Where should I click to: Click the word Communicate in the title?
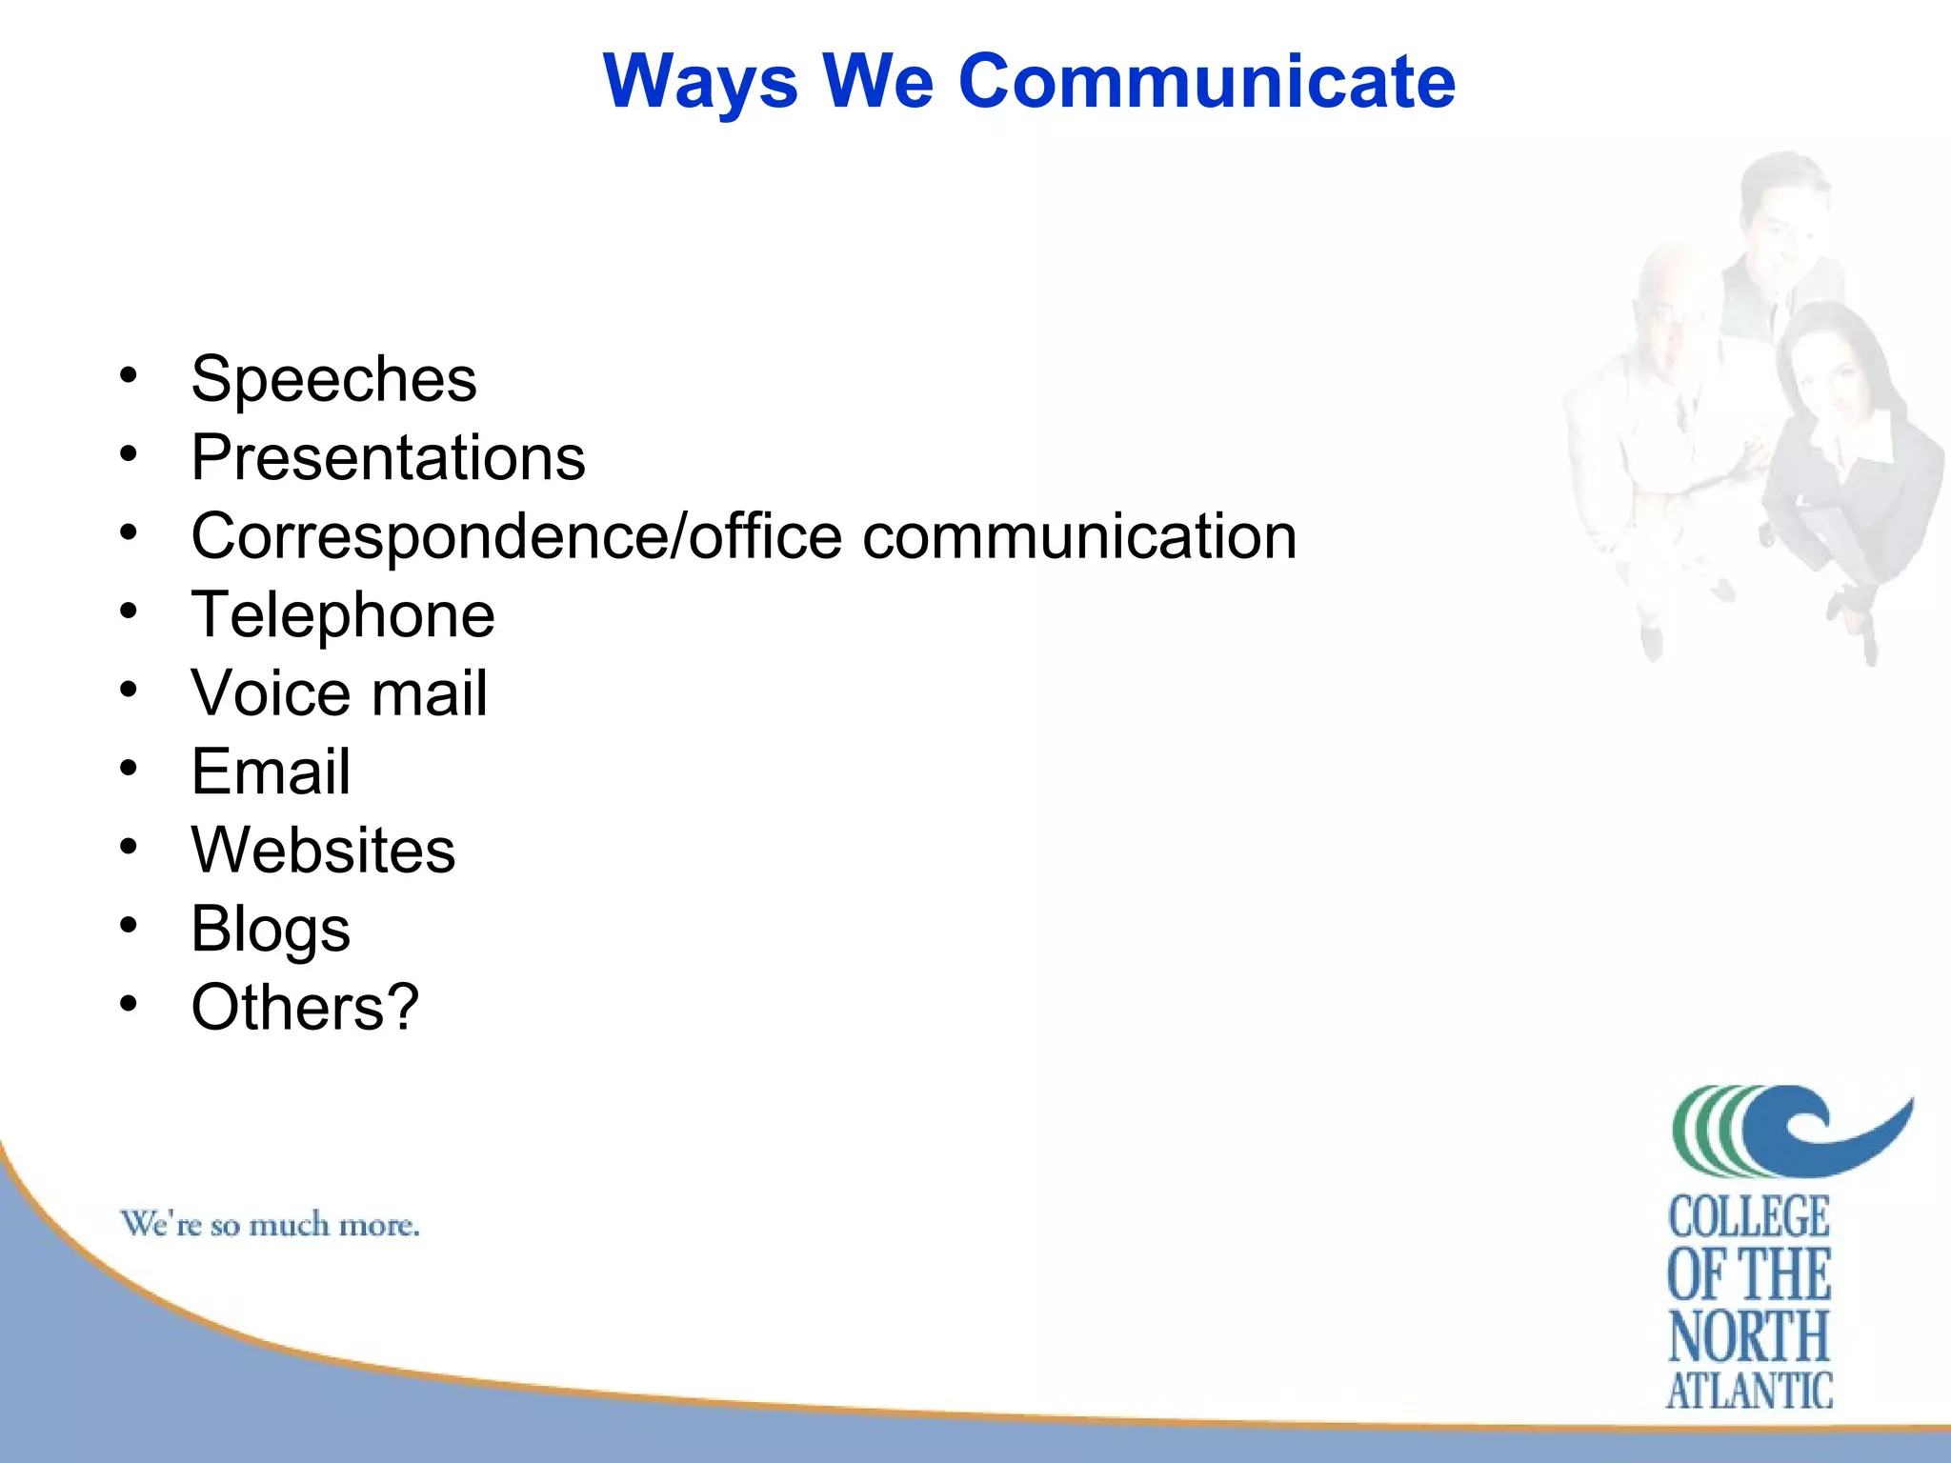pos(1206,82)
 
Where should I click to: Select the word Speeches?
pos(333,380)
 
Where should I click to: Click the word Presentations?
pos(388,458)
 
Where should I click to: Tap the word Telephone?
pos(343,615)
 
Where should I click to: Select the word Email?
pos(271,772)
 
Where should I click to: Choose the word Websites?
pos(323,850)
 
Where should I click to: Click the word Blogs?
pos(271,930)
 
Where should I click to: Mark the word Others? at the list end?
pos(305,1008)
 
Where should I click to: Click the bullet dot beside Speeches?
pos(129,375)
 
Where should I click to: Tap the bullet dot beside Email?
pos(129,768)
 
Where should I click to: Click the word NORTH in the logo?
pos(1749,1336)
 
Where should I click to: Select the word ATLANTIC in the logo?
pos(1749,1392)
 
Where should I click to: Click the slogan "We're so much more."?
pos(270,1225)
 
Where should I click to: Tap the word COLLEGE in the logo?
pos(1749,1218)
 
